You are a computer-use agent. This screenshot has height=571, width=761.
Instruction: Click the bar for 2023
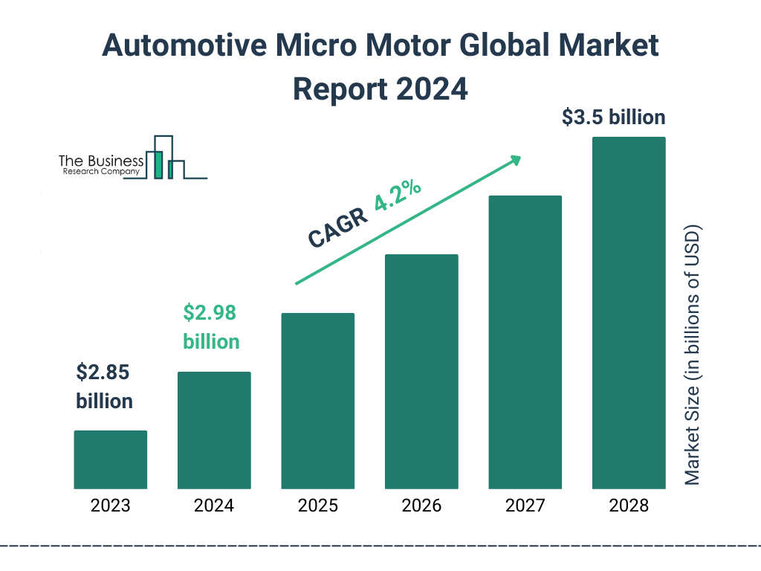click(x=110, y=459)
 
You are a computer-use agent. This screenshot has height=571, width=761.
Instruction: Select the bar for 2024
click(x=214, y=430)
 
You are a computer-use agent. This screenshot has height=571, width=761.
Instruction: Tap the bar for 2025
click(x=317, y=401)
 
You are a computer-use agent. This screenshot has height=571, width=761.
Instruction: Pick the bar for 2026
click(x=421, y=372)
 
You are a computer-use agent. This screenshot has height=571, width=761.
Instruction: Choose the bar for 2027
click(x=525, y=342)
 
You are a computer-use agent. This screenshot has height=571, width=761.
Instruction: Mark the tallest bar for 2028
click(x=628, y=313)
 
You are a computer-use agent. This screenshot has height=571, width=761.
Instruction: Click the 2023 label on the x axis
click(x=110, y=506)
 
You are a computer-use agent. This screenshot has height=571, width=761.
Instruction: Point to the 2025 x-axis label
click(x=317, y=506)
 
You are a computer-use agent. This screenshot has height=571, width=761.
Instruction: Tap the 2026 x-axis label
click(x=421, y=506)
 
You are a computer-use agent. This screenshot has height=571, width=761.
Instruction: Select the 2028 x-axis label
click(x=628, y=506)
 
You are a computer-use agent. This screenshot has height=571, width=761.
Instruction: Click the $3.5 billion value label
click(x=613, y=117)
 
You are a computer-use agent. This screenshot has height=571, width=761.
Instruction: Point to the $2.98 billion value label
click(x=211, y=327)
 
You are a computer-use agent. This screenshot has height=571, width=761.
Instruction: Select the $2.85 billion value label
click(x=104, y=387)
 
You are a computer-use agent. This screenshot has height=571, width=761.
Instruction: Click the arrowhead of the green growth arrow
click(x=515, y=160)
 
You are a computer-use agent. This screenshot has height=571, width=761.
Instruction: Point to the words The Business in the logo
click(x=101, y=161)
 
